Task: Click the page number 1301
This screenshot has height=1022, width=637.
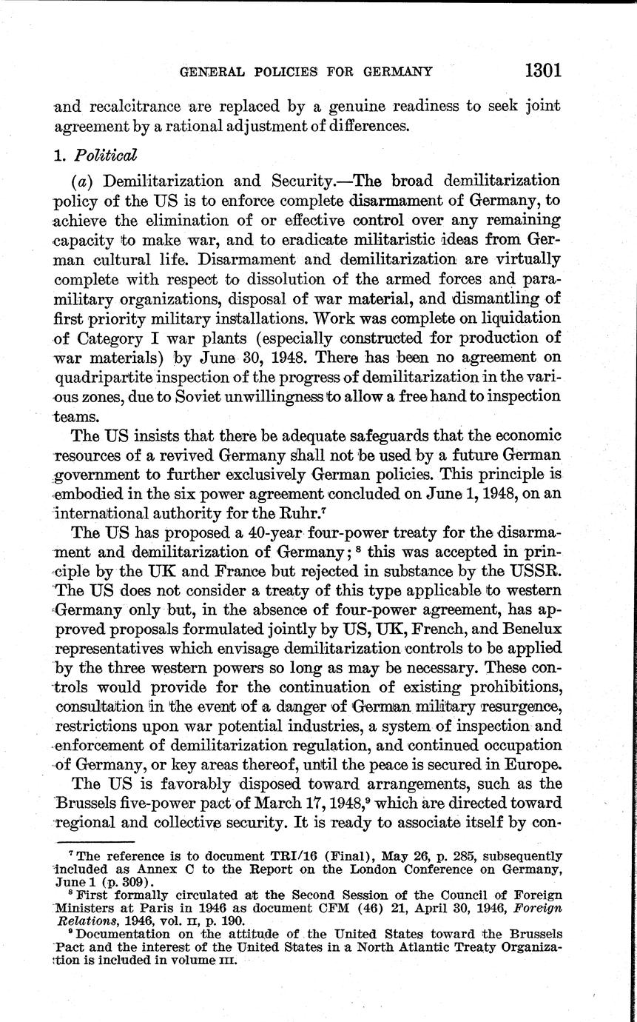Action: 544,70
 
